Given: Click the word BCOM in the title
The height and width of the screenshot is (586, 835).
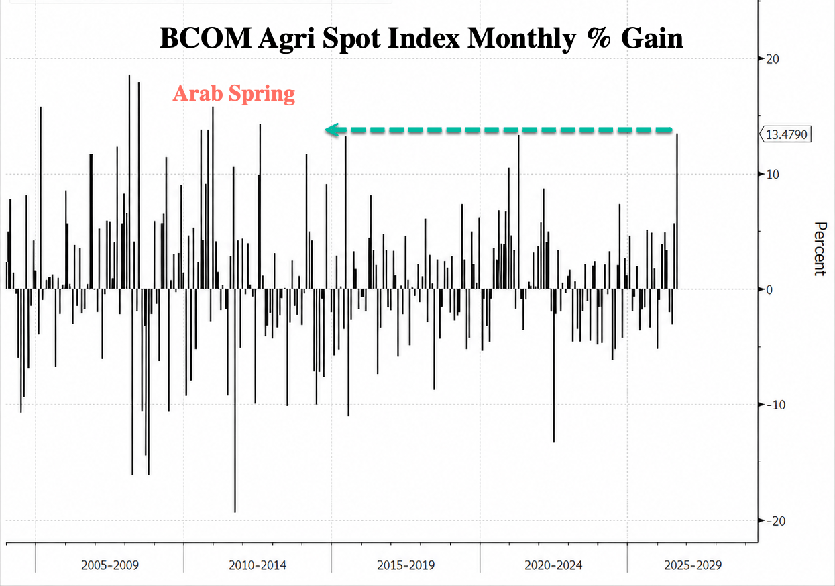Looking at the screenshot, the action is click(x=205, y=38).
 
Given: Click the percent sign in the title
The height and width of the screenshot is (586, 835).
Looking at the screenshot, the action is click(x=599, y=38).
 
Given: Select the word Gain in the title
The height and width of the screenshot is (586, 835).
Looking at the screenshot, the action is click(x=652, y=38).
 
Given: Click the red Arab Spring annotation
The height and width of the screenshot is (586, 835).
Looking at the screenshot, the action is click(x=233, y=93).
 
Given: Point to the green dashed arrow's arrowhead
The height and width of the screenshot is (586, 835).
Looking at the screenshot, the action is click(x=332, y=130).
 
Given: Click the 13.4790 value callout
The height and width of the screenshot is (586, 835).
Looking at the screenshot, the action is click(x=786, y=134).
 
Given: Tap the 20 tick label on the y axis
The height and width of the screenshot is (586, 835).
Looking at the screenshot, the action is click(x=773, y=59).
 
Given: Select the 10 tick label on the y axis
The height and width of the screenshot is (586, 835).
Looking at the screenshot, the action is click(x=773, y=175).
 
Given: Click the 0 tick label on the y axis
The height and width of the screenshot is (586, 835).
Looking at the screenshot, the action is click(x=769, y=290).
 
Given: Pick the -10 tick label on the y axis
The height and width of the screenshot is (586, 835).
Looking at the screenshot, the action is click(x=776, y=405).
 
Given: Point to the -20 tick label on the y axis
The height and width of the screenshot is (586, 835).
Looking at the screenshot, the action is click(x=776, y=521).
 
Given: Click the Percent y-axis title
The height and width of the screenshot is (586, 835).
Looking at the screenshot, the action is click(x=820, y=249).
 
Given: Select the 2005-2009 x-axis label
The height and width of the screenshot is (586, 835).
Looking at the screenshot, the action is click(x=110, y=565).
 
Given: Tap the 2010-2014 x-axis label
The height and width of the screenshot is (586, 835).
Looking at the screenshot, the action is click(x=258, y=565).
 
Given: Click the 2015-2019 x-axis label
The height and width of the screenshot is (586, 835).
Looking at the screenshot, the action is click(x=406, y=565).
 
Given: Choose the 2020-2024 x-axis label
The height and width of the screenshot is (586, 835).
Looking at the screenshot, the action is click(x=553, y=565).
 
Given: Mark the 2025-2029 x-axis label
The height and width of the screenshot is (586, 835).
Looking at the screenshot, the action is click(x=693, y=565).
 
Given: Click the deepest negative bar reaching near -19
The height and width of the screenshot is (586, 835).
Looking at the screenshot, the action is click(x=235, y=401).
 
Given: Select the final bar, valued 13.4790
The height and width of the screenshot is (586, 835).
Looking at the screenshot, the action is click(x=677, y=211).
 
